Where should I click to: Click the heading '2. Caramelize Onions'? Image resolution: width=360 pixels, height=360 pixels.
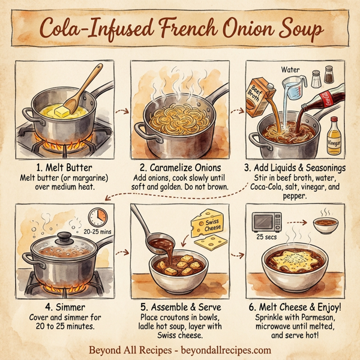180,167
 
